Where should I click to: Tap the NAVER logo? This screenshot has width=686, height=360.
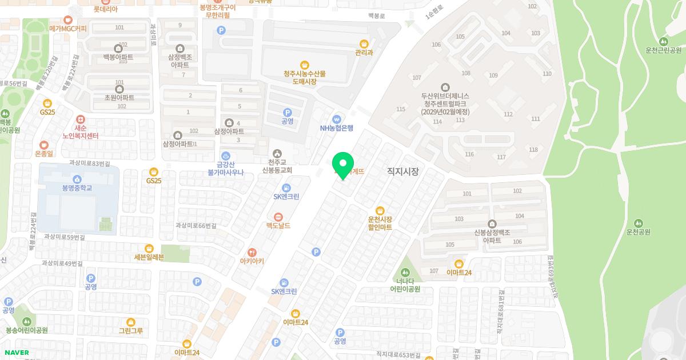point(16,352)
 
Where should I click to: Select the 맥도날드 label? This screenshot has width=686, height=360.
point(278,226)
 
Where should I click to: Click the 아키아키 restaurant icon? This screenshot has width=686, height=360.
point(252,252)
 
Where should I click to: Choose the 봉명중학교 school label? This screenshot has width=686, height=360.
point(77,187)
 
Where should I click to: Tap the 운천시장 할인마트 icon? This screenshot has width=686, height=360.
point(380,210)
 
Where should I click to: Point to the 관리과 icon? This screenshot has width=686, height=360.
point(364,44)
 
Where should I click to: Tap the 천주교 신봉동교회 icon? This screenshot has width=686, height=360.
point(277,153)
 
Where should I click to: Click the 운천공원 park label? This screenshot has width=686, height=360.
point(639,232)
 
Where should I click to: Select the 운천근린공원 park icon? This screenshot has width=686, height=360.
point(663,41)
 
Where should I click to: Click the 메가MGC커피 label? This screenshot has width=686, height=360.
point(68,28)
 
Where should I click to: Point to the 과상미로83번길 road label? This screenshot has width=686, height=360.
point(90,163)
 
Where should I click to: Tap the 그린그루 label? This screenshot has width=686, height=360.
point(131,331)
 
